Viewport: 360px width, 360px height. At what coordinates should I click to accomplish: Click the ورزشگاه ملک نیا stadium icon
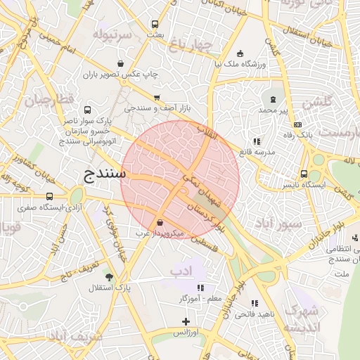point(240,53)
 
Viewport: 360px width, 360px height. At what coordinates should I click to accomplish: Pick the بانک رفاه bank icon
point(297,124)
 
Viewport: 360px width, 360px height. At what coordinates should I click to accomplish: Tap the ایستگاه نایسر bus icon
point(304,174)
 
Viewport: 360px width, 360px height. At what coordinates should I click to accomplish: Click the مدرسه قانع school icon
point(256,141)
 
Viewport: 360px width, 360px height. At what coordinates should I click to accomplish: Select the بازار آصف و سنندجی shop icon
point(156,98)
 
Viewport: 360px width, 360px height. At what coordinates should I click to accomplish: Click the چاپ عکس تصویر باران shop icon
point(120,63)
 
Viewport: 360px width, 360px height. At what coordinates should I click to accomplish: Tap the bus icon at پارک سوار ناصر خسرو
point(87,110)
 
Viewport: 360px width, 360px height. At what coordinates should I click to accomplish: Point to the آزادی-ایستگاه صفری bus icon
point(49,197)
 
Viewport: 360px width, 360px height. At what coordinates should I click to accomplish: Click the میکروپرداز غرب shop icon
point(161,222)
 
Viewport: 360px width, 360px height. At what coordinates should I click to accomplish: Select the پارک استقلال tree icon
point(108,277)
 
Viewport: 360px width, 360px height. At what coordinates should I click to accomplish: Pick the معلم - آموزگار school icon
point(200,287)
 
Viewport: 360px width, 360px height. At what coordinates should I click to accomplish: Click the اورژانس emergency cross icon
point(186,321)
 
